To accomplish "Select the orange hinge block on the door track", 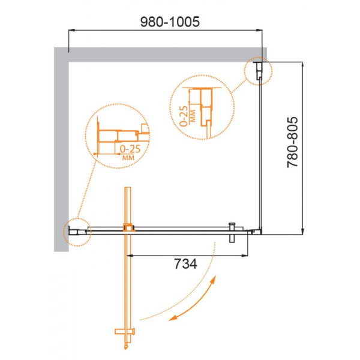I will point(128,227).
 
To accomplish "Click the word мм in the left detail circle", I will point(127,157).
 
